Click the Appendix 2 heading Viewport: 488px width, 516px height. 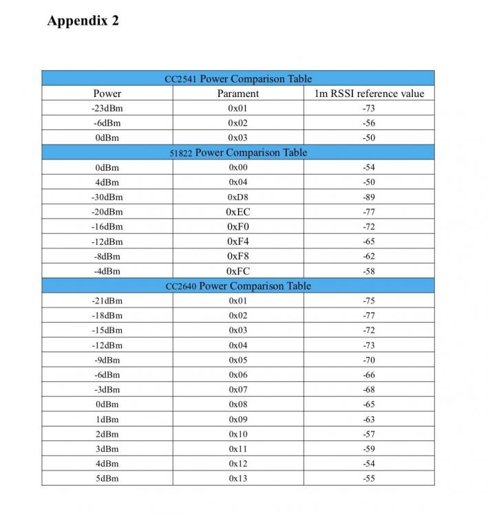pyautogui.click(x=83, y=21)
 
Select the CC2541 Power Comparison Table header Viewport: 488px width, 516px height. pyautogui.click(x=238, y=78)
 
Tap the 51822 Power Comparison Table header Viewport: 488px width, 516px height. pyautogui.click(x=238, y=152)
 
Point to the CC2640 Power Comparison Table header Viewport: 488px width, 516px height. pyautogui.click(x=238, y=286)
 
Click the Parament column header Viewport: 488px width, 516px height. pyautogui.click(x=238, y=94)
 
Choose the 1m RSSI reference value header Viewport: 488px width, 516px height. pyautogui.click(x=369, y=94)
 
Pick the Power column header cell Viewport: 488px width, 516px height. pyautogui.click(x=107, y=94)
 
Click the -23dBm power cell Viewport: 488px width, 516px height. pyautogui.click(x=107, y=109)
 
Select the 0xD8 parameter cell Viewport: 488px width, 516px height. pyautogui.click(x=238, y=197)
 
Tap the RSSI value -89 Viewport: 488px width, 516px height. pyautogui.click(x=369, y=197)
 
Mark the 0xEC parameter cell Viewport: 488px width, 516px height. pyautogui.click(x=238, y=212)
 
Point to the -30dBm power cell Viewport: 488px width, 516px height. pyautogui.click(x=107, y=197)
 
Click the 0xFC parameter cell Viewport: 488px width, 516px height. pyautogui.click(x=238, y=271)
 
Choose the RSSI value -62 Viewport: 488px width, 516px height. pyautogui.click(x=369, y=256)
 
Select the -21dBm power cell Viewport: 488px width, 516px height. pyautogui.click(x=107, y=301)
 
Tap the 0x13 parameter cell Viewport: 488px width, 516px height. pyautogui.click(x=238, y=478)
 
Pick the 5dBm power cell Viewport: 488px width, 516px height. pyautogui.click(x=107, y=478)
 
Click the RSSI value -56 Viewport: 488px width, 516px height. pyautogui.click(x=369, y=123)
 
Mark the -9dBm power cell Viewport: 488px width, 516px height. pyautogui.click(x=107, y=360)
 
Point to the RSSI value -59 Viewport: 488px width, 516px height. pyautogui.click(x=369, y=449)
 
